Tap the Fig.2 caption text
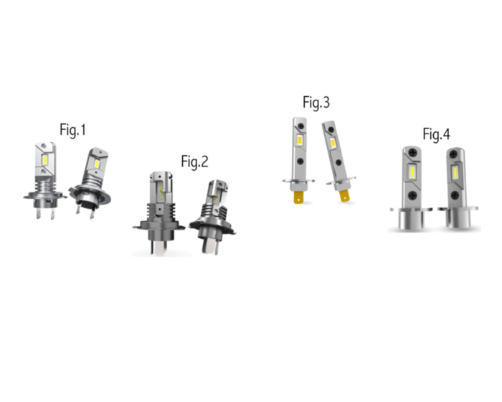point(194,162)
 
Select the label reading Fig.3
point(316,103)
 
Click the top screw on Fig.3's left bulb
point(300,126)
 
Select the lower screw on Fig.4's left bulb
point(412,195)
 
